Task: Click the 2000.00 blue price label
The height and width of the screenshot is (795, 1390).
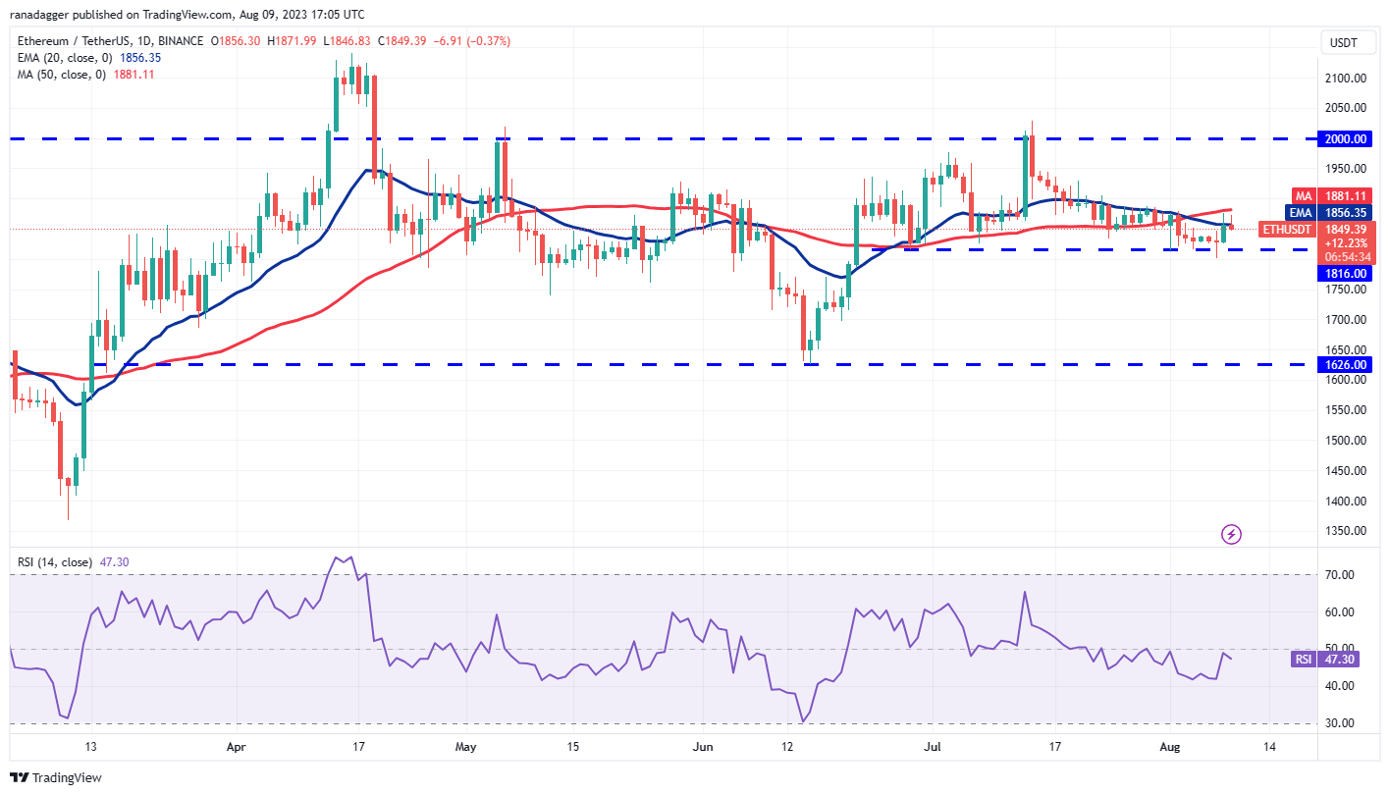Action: click(1347, 139)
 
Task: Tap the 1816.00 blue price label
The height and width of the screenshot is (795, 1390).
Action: click(1347, 274)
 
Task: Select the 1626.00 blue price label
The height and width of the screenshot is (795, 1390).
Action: click(1347, 364)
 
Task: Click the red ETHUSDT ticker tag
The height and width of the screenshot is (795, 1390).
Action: click(1286, 229)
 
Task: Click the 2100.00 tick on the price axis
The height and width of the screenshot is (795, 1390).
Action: click(1347, 79)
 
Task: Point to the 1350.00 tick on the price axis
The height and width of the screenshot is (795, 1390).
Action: click(1347, 531)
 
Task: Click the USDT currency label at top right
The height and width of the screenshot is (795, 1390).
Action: click(1342, 42)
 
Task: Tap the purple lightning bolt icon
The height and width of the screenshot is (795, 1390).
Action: click(1231, 535)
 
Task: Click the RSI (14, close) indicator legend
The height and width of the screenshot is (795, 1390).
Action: click(55, 562)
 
